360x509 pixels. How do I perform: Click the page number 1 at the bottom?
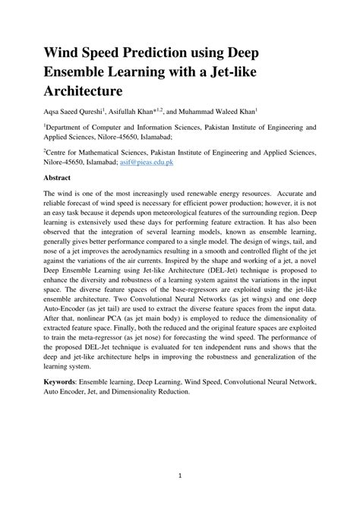point(180,476)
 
